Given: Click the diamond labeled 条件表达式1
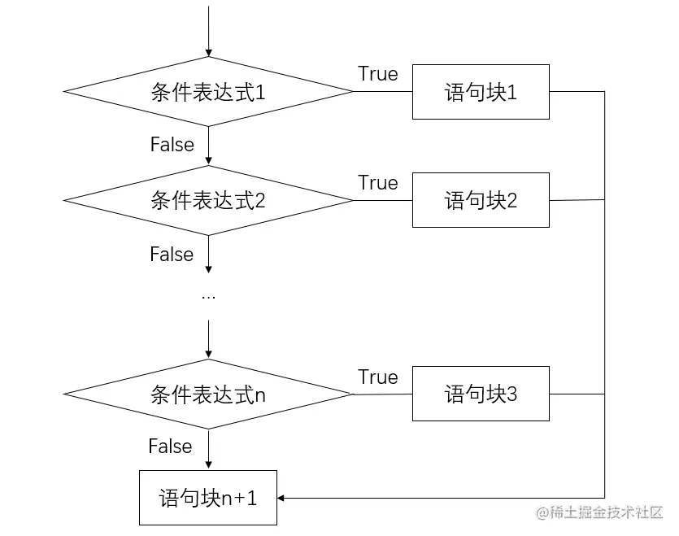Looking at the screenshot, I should (208, 92).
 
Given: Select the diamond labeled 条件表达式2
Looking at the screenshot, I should (208, 200).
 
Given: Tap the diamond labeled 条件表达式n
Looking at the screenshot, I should (208, 394).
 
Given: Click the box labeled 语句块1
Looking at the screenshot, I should (481, 92).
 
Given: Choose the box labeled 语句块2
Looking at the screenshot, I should (481, 200).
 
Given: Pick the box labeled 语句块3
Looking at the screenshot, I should (481, 394).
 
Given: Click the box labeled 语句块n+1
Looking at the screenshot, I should (208, 498).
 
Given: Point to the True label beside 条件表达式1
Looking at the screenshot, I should (378, 74).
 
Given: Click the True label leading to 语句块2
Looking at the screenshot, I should (378, 183).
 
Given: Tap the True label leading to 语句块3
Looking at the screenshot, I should (378, 377).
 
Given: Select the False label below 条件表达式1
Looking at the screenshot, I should (172, 145).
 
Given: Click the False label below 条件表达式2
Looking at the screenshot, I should (172, 255).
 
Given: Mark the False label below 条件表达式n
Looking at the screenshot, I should (170, 447).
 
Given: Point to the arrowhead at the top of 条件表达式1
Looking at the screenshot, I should (209, 52).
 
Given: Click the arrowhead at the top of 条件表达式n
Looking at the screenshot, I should (209, 355).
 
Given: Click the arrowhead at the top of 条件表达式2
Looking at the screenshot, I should (209, 161).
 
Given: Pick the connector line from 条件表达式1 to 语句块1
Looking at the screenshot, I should (382, 92).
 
